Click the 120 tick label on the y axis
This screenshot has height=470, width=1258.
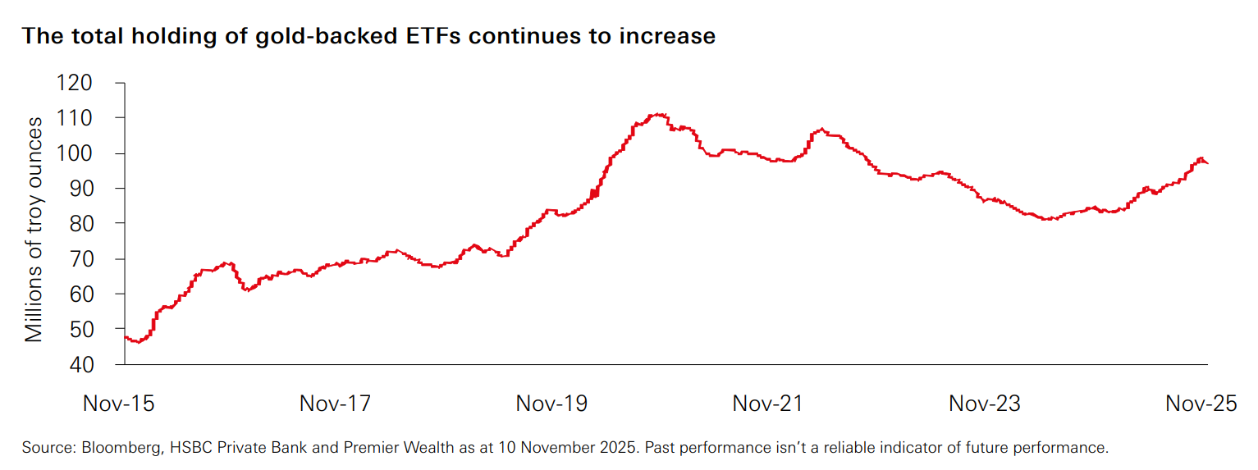[85, 83]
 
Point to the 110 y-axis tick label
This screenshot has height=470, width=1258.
[85, 118]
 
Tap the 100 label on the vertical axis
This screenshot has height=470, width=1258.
[85, 153]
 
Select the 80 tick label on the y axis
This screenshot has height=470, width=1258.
[92, 223]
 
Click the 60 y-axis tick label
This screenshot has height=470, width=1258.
[92, 294]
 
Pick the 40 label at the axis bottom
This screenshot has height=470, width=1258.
[92, 364]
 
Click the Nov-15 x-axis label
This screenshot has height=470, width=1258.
[119, 404]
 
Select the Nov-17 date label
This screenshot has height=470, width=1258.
[335, 404]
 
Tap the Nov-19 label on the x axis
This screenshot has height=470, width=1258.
[551, 404]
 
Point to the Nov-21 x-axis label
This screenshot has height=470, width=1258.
[768, 404]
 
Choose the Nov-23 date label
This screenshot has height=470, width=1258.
[985, 404]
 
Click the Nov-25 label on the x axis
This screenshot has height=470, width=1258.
[1201, 404]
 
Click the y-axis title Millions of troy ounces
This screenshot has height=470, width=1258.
[34, 229]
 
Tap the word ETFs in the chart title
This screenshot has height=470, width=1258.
[431, 37]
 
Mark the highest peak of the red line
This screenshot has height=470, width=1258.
[659, 115]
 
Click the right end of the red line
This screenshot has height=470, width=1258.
[1207, 163]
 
